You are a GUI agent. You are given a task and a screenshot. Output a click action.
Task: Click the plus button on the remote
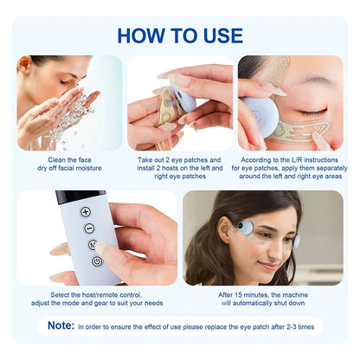pos(86,212)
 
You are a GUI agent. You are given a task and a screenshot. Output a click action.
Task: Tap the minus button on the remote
pos(89,228)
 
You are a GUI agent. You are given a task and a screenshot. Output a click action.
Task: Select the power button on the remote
pos(97,261)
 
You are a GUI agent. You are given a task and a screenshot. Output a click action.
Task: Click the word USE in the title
pos(223,35)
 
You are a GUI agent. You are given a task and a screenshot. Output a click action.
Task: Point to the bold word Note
pos(61,325)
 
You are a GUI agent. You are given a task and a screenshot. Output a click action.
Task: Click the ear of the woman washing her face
pos(24,65)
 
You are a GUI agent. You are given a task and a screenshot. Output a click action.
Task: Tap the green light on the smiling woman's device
pos(240,226)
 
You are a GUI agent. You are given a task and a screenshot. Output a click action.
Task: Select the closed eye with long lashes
pos(312,111)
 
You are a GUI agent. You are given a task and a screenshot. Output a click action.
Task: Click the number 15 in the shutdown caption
pos(238,295)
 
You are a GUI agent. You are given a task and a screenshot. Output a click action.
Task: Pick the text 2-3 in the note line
pos(292,327)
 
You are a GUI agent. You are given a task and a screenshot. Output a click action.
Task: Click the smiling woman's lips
pos(268,266)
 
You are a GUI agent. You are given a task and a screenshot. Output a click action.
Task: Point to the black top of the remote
pos(80,196)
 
